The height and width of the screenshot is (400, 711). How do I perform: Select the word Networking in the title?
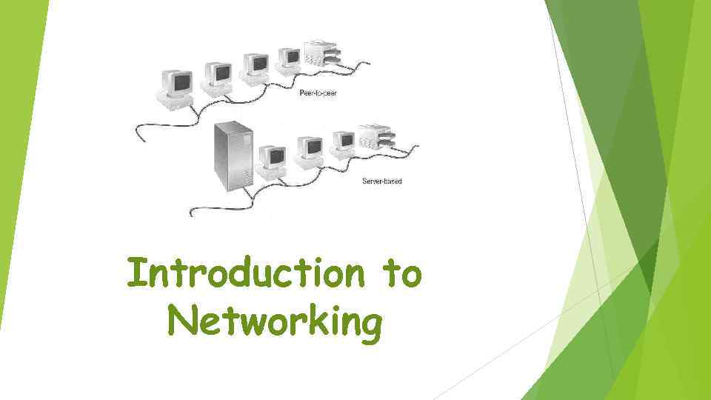tap(275, 324)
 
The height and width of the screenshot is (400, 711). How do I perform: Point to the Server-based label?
tap(381, 181)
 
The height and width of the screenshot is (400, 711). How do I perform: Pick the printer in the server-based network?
tap(377, 138)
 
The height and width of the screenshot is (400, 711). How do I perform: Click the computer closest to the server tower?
tap(272, 161)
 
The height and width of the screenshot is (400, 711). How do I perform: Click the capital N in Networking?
tap(181, 324)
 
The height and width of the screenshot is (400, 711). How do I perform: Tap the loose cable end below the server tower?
tap(192, 215)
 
